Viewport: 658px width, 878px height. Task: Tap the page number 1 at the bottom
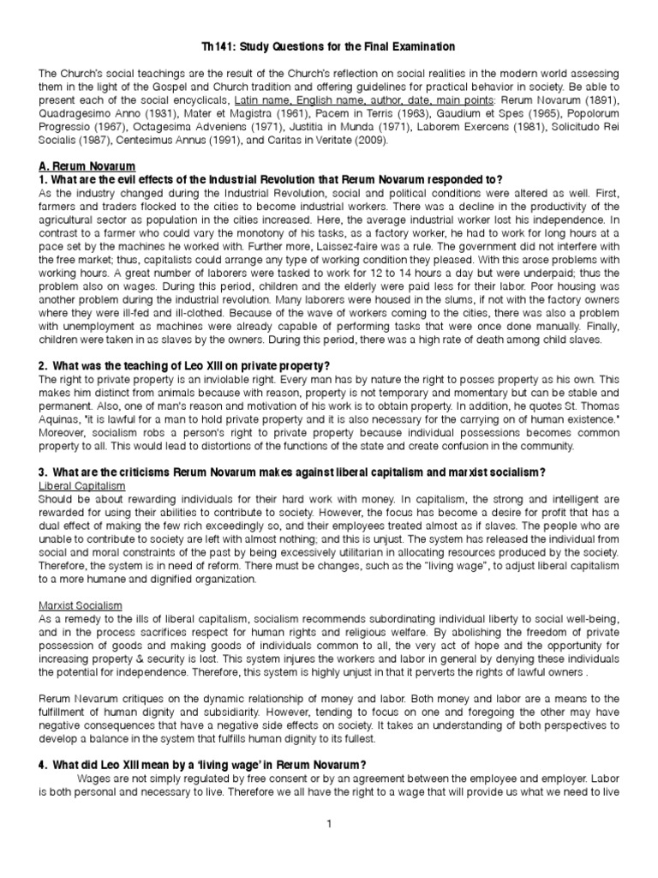[x=328, y=824]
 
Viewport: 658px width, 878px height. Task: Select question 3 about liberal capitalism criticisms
[x=292, y=473]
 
